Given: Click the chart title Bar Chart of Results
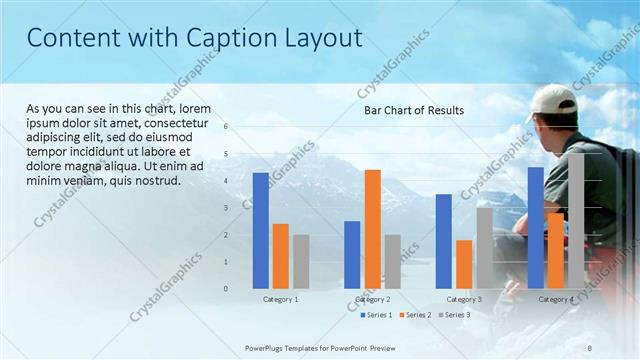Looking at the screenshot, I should tap(413, 110).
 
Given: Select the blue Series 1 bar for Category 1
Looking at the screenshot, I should tap(260, 230).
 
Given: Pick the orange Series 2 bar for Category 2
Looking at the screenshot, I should tap(372, 229).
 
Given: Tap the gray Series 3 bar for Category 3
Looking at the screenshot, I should tap(484, 248).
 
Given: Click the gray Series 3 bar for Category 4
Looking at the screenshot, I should tap(576, 221).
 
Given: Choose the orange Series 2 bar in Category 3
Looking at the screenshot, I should tap(464, 264).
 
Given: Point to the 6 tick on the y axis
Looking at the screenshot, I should tap(226, 127).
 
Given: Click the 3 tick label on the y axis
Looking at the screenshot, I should tap(226, 208).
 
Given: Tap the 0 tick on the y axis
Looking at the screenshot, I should tap(226, 289).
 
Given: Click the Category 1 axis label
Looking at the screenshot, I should tap(280, 299).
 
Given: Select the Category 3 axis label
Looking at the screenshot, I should tap(464, 299).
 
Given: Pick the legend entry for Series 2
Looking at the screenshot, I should tap(415, 315).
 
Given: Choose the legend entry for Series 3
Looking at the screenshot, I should tap(454, 315).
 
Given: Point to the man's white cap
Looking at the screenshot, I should tap(551, 99).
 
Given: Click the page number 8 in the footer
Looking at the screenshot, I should tap(590, 347).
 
